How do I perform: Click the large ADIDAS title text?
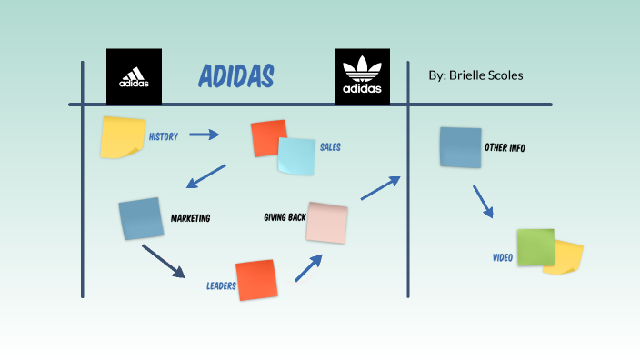tap(235, 77)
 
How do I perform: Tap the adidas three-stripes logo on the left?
tap(134, 75)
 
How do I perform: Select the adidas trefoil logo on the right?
tap(362, 76)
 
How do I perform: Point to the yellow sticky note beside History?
tap(123, 135)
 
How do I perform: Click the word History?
tap(164, 136)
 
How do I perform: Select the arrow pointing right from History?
tap(205, 135)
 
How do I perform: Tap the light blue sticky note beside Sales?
tap(296, 156)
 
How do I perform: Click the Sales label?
tap(330, 146)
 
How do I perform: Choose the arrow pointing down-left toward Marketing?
tap(206, 176)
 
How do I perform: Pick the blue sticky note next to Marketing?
tap(140, 218)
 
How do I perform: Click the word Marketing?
tap(190, 218)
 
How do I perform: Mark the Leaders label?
tap(221, 285)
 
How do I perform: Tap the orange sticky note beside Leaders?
tap(255, 280)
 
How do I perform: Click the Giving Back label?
tap(284, 217)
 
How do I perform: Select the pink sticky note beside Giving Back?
tap(326, 223)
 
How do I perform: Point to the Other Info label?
tap(505, 147)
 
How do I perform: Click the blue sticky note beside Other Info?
tap(460, 147)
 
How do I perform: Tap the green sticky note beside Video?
tap(535, 246)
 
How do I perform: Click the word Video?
tap(503, 258)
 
